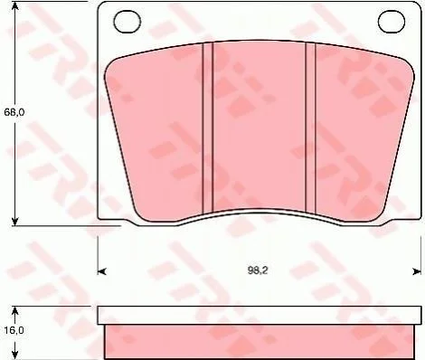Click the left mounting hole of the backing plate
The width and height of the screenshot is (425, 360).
point(127,22)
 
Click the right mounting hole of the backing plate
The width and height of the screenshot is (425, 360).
point(392,22)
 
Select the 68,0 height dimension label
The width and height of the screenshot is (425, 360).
point(14,112)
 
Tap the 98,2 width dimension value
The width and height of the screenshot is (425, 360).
point(258,270)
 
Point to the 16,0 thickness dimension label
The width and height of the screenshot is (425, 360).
point(14,330)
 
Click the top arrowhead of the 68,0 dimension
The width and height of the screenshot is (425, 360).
point(14,5)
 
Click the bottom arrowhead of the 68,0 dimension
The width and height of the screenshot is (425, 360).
point(14,221)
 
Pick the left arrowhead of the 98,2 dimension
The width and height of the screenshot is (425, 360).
point(102,271)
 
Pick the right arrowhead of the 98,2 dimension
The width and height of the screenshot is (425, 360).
point(417,271)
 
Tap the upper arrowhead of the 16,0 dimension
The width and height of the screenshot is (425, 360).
point(14,311)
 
